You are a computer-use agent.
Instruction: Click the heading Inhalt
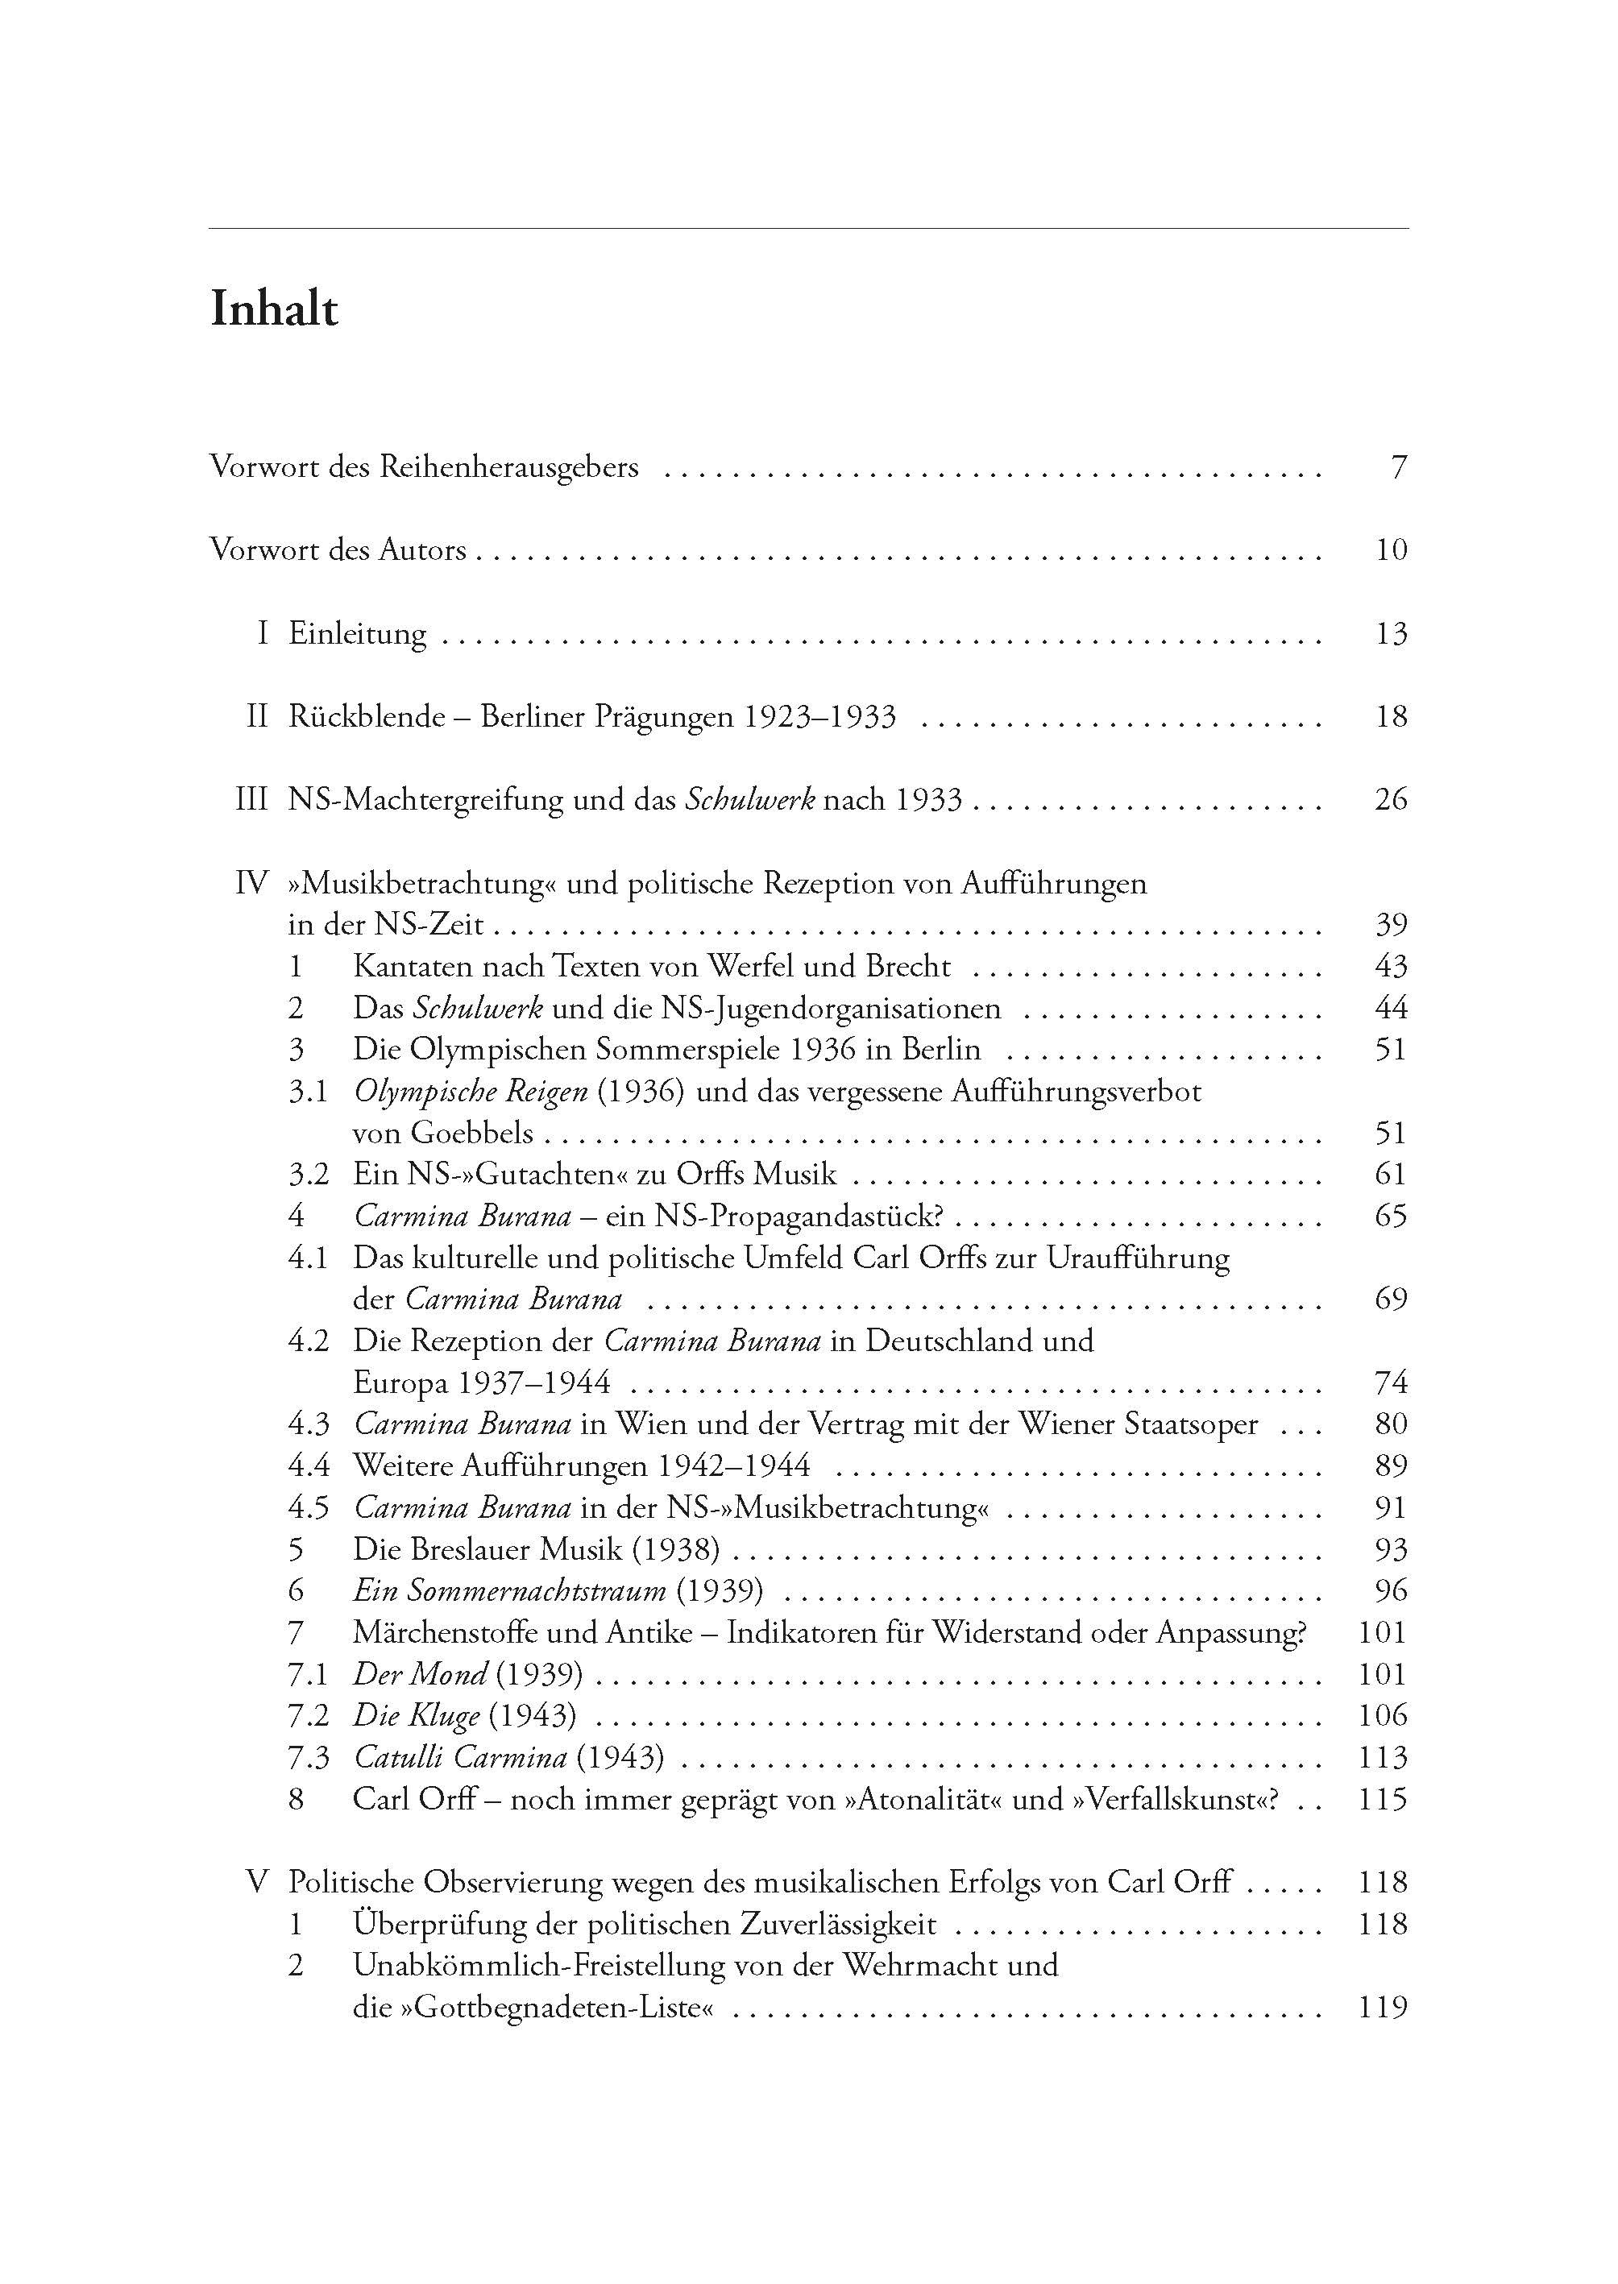click(x=274, y=310)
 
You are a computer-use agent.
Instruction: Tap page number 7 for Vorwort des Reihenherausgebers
click(x=1399, y=467)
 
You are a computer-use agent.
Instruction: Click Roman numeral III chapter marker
click(x=252, y=800)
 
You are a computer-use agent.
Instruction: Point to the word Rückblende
click(x=367, y=717)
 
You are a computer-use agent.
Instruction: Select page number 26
click(x=1391, y=800)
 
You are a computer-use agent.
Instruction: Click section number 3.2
click(x=309, y=1175)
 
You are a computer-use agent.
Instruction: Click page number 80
click(x=1391, y=1424)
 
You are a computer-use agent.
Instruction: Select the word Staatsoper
click(x=1191, y=1424)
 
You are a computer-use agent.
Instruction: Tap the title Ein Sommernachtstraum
click(x=510, y=1590)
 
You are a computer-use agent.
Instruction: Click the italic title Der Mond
click(x=420, y=1674)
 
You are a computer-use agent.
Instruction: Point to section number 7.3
click(x=309, y=1758)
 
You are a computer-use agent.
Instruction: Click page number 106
click(x=1383, y=1716)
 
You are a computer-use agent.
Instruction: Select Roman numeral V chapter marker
click(x=257, y=1883)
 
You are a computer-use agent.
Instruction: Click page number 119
click(x=1383, y=2008)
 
